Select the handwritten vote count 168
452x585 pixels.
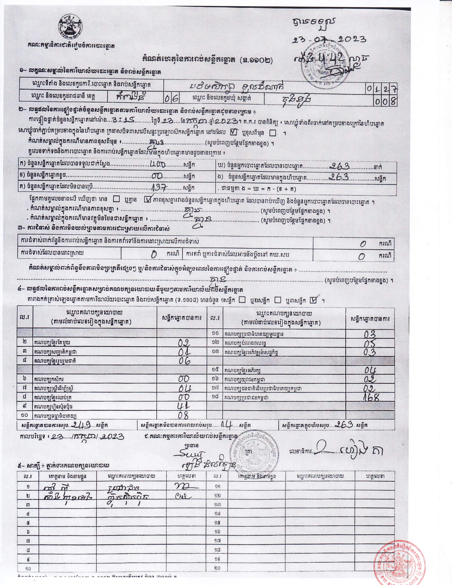click(371, 397)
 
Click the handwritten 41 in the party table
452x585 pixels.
click(184, 406)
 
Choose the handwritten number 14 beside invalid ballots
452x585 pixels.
click(225, 424)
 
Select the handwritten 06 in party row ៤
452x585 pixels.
click(184, 361)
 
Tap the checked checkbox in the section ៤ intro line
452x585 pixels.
click(314, 300)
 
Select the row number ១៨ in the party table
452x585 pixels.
click(215, 397)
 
